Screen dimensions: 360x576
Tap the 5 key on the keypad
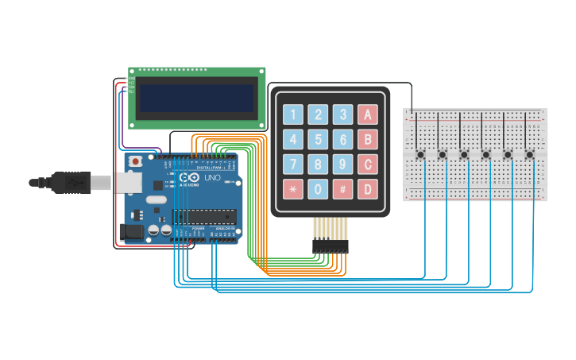[x=319, y=140]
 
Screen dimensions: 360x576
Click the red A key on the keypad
[x=367, y=114]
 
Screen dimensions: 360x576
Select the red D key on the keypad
[x=367, y=190]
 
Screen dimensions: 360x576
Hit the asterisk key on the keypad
[x=293, y=190]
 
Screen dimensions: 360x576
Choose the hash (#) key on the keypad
[x=342, y=190]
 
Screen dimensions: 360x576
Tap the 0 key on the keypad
[x=319, y=190]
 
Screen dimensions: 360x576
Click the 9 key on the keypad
[x=342, y=165]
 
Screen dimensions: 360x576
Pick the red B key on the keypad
[x=367, y=140]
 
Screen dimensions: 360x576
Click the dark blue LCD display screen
[x=197, y=99]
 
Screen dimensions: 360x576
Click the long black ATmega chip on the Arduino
[x=205, y=215]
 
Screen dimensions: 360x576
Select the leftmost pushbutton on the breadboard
[x=419, y=154]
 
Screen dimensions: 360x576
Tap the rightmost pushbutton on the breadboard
[x=529, y=154]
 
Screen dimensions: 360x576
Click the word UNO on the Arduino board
[x=212, y=178]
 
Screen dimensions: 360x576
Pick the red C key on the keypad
[x=367, y=165]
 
